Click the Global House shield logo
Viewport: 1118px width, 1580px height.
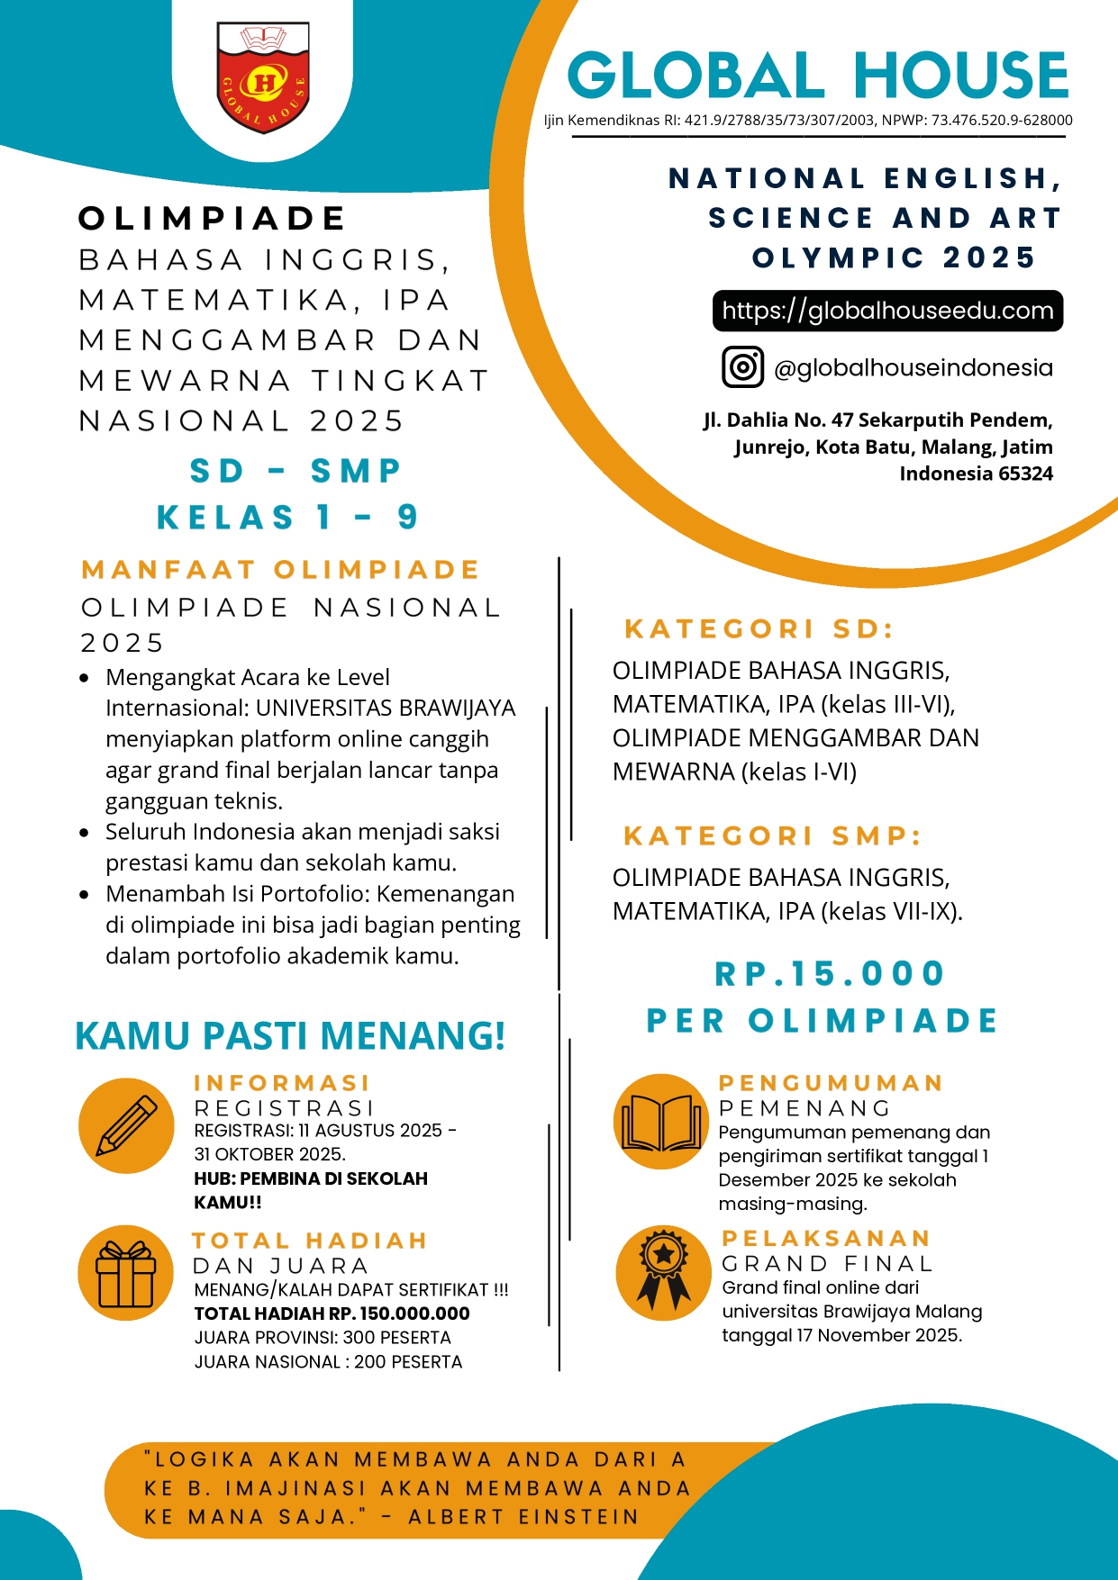point(263,78)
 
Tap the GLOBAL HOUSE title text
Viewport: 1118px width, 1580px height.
point(817,76)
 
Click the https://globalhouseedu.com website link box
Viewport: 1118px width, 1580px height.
point(887,311)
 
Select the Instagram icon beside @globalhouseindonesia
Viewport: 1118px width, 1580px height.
point(742,367)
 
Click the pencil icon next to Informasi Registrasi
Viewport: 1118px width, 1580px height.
point(126,1125)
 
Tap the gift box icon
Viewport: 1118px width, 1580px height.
point(126,1273)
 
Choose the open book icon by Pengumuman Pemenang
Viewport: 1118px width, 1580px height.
point(661,1122)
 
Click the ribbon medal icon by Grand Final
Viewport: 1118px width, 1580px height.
point(663,1273)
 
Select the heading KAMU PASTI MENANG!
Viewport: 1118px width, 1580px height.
point(290,1036)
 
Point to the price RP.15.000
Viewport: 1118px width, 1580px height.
point(830,973)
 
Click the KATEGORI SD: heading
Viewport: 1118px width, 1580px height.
point(759,628)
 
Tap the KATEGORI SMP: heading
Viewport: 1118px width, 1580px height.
point(773,835)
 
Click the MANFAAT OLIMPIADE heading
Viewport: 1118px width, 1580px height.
point(280,570)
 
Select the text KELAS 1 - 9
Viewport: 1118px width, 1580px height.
point(287,518)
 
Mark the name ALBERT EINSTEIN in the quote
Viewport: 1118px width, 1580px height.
point(523,1517)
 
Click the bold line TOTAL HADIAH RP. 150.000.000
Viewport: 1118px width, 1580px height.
point(332,1314)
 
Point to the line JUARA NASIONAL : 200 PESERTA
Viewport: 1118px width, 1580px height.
point(328,1362)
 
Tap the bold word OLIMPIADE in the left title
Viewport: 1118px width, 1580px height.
point(213,219)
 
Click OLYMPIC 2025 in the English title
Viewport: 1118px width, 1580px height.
point(894,257)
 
